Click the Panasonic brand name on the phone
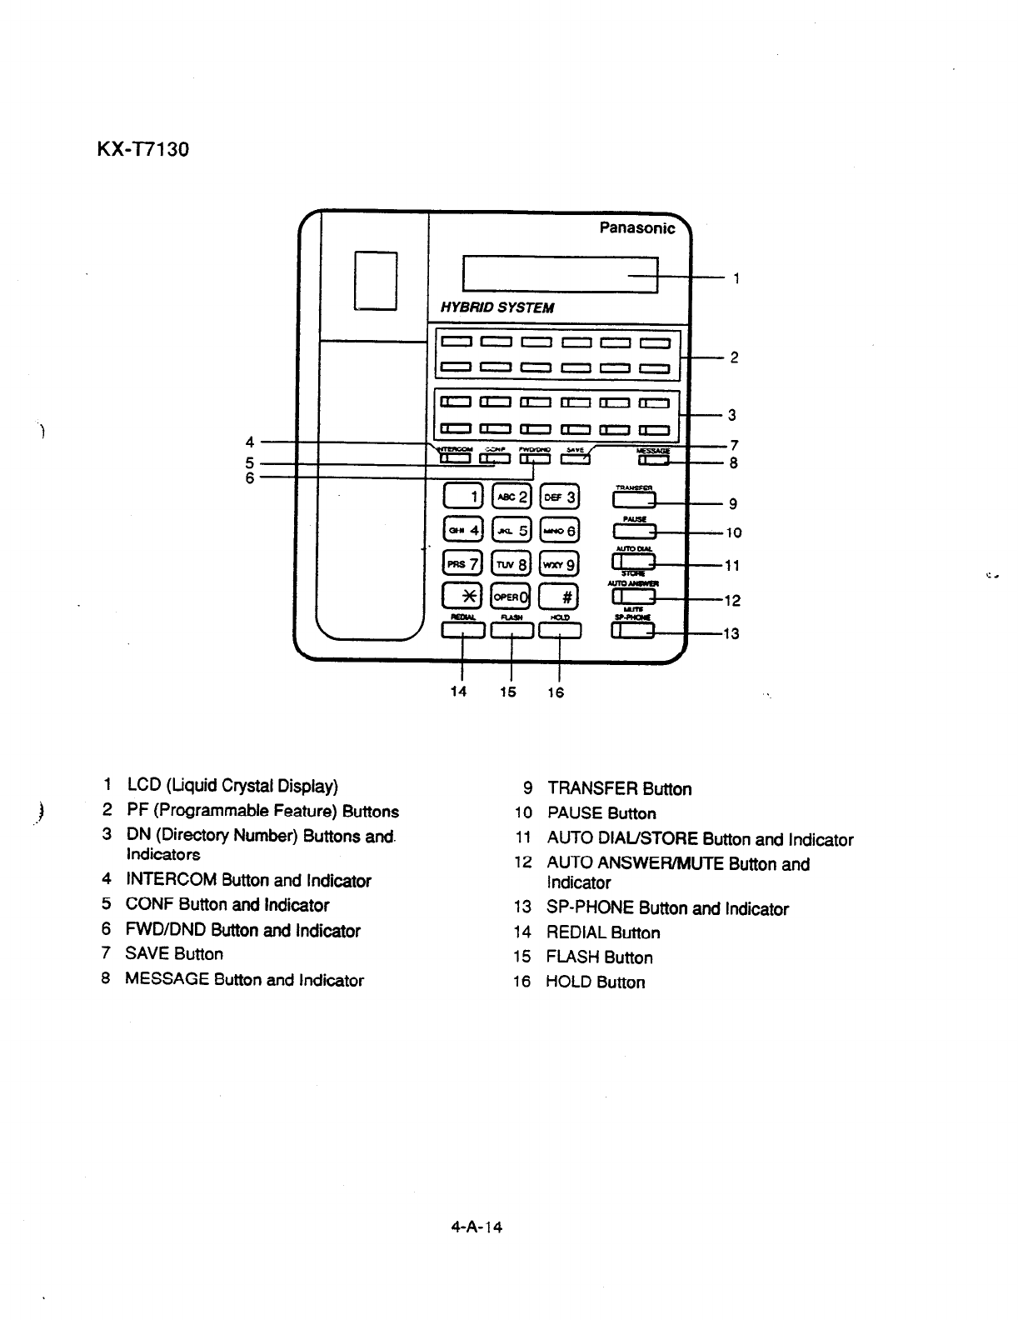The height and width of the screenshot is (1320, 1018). [x=637, y=228]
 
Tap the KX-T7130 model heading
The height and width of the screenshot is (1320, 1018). [x=143, y=150]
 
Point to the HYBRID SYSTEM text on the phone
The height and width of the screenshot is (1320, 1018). [x=497, y=307]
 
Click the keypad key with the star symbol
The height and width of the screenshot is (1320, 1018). [x=462, y=595]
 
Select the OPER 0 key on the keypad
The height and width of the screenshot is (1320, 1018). [x=511, y=595]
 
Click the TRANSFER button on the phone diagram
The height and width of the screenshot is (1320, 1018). [x=634, y=500]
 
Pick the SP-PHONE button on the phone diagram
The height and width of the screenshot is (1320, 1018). [x=633, y=632]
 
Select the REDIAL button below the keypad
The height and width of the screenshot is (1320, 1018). [x=462, y=632]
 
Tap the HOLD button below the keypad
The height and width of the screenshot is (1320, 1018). [x=560, y=632]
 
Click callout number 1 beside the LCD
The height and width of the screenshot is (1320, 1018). [x=737, y=278]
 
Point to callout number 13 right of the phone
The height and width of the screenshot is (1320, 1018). [x=731, y=634]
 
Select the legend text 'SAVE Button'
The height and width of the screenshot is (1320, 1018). [x=174, y=954]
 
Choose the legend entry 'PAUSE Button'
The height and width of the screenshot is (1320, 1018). [x=601, y=813]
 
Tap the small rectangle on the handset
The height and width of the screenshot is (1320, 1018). [x=375, y=280]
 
